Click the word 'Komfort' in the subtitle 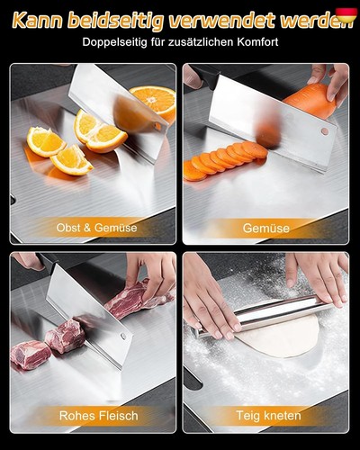pyautogui.click(x=258, y=41)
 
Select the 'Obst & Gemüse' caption pyautogui.click(x=96, y=228)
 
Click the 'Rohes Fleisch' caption pyautogui.click(x=99, y=416)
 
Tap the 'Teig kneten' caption pyautogui.click(x=268, y=416)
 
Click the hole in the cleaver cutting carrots pyautogui.click(x=325, y=130)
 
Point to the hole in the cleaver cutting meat pyautogui.click(x=122, y=336)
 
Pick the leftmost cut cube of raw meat pyautogui.click(x=30, y=355)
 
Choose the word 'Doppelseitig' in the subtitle pyautogui.click(x=115, y=42)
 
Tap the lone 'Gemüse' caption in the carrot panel pyautogui.click(x=266, y=228)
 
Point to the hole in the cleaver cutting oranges pyautogui.click(x=157, y=126)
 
